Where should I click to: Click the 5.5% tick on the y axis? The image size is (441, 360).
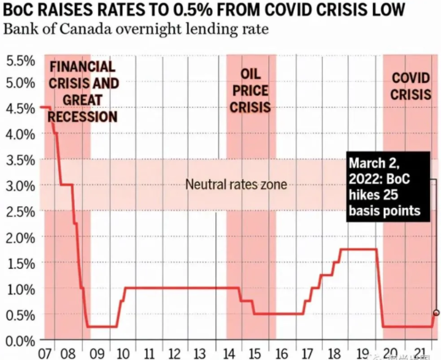tap(20, 61)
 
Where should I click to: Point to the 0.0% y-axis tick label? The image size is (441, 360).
tap(20, 340)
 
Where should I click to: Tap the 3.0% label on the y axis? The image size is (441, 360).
tap(20, 185)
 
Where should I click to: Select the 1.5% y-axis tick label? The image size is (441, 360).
tap(20, 262)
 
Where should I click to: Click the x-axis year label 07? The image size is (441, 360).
tap(45, 354)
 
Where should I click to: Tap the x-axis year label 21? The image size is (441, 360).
tap(421, 354)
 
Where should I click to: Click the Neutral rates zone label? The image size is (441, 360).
tap(236, 184)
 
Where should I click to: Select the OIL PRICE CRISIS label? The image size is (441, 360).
tap(251, 90)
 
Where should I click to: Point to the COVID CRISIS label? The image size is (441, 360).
tap(410, 86)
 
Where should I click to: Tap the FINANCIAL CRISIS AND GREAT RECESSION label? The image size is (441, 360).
tap(82, 91)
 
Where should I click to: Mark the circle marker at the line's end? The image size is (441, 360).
tap(435, 313)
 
